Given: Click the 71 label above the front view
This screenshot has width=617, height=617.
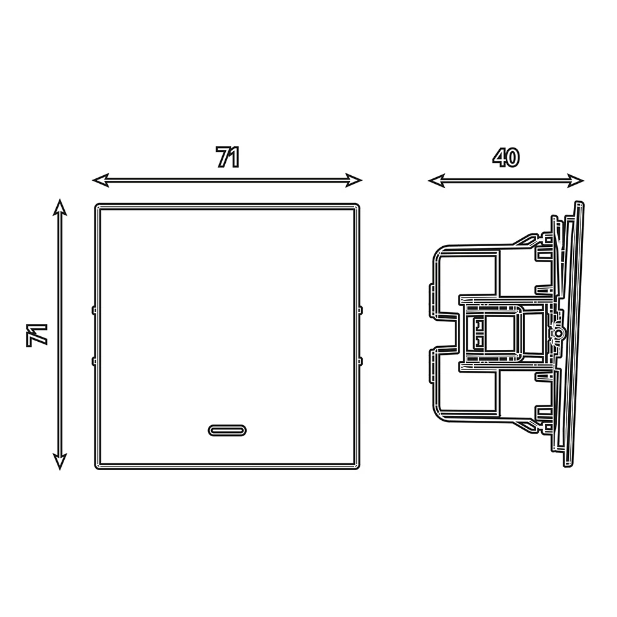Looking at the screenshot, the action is pos(228,157).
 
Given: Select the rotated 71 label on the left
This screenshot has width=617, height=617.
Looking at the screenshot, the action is pos(37,335).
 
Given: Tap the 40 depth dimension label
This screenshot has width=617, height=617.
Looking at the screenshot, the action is pos(506,157).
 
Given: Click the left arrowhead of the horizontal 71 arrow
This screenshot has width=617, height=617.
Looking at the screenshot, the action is pos(101,180).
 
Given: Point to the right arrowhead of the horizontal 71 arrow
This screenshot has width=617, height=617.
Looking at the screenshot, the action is pos(354,180).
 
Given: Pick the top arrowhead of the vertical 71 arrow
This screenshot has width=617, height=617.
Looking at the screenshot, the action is pos(59,207).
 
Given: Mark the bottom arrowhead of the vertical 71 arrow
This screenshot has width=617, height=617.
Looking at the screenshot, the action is pos(59,462).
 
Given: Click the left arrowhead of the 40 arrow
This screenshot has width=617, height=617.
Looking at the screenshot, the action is pos(436,181).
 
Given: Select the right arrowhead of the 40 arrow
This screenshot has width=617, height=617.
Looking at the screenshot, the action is pos(576,181).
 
